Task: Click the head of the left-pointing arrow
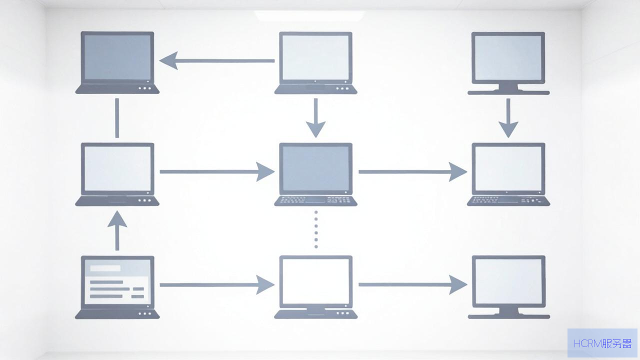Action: click(168, 60)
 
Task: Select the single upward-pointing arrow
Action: click(117, 230)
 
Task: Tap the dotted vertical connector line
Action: click(316, 229)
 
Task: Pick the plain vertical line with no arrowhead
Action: click(117, 118)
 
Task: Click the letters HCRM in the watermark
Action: click(587, 343)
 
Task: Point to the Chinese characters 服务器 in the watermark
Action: click(616, 343)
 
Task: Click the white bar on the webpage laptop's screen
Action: click(105, 268)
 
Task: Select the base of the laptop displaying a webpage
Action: click(117, 314)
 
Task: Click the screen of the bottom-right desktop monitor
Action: click(508, 281)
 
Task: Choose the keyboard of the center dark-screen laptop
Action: click(315, 200)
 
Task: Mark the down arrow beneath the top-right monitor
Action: click(508, 118)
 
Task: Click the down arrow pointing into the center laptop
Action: click(315, 118)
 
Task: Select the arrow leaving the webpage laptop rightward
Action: click(217, 285)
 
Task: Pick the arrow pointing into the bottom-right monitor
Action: click(413, 284)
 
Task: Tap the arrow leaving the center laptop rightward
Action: click(413, 171)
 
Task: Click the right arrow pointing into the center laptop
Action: click(217, 171)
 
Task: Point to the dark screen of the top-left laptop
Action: click(117, 57)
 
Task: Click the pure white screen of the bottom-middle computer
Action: click(315, 281)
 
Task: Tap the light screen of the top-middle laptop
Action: click(315, 57)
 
